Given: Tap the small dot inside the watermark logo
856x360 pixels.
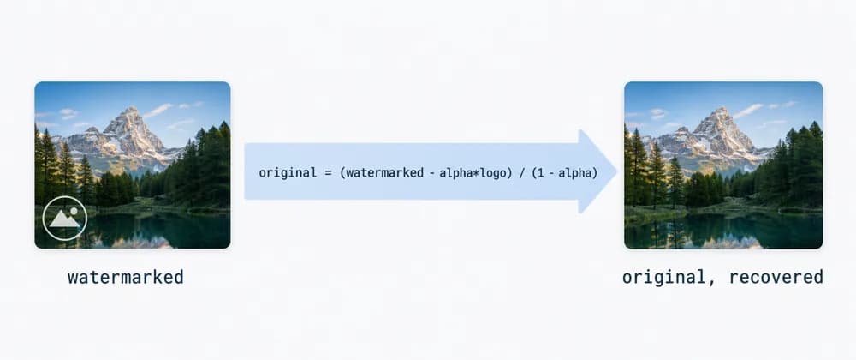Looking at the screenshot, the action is point(74,211).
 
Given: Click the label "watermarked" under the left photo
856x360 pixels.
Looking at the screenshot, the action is point(126,277).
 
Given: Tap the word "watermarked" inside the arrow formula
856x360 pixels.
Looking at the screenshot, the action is point(384,173).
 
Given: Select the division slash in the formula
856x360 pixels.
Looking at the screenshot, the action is point(520,173).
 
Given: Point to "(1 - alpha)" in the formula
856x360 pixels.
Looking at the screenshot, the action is point(564,173).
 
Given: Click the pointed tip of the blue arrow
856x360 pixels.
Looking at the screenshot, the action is point(617,171).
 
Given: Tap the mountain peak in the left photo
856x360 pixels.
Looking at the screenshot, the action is point(131,109).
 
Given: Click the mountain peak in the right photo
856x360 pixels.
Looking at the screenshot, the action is point(722,109).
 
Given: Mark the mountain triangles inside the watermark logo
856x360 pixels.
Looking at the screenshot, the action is point(64,219).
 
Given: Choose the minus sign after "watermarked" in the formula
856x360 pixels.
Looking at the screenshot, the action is point(431,174).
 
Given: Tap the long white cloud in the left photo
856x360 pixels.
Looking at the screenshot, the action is point(158,110).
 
